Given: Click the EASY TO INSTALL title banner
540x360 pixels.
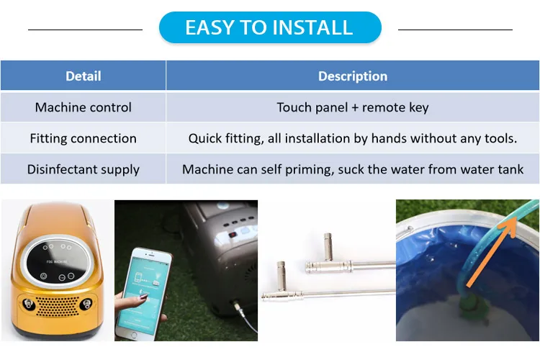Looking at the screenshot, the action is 270,27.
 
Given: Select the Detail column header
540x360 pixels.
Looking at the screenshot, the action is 83,76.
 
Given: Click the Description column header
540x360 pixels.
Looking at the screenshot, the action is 353,76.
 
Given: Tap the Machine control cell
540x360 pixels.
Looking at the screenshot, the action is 83,107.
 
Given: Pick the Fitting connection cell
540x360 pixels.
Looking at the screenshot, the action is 83,138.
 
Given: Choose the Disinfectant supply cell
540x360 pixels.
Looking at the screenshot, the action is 83,169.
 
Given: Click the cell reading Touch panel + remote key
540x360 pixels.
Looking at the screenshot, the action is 353,107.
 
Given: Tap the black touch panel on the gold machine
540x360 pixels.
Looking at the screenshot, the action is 57,262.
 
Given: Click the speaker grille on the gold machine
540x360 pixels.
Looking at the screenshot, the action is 58,306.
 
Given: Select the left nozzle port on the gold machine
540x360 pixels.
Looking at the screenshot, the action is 27,304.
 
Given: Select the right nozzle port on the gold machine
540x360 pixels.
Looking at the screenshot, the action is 86,304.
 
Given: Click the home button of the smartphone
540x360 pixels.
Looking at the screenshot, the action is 134,335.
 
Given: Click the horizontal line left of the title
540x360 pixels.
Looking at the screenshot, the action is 85,30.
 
